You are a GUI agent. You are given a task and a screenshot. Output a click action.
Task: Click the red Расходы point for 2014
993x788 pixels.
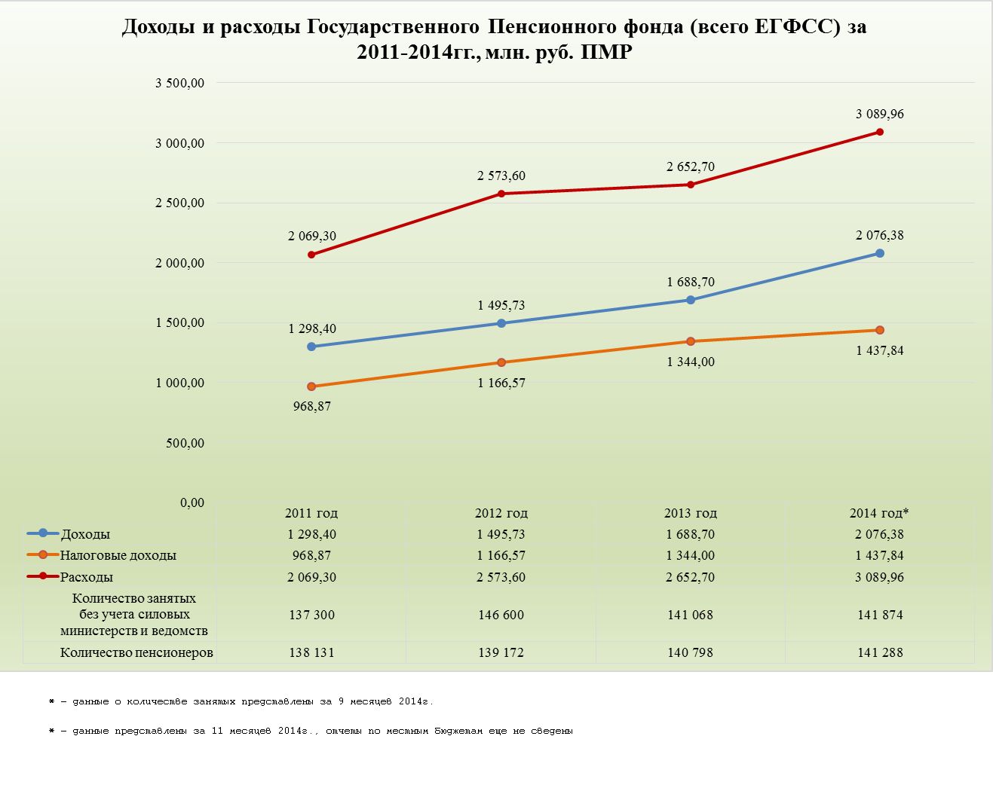coord(880,132)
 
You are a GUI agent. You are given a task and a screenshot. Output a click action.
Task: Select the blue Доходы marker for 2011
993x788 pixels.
coord(311,347)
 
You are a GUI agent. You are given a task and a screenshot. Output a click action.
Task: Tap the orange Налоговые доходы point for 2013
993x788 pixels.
coord(691,341)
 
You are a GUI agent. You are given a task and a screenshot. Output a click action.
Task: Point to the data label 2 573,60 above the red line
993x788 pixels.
coord(501,176)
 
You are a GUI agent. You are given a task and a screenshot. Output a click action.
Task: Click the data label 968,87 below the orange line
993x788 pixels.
coord(312,406)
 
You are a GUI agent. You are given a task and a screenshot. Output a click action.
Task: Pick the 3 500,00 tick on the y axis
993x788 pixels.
coord(180,83)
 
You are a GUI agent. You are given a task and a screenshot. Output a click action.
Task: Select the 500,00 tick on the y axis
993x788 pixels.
coord(185,443)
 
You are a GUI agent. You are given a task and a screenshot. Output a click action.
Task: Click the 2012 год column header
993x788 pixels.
coord(501,513)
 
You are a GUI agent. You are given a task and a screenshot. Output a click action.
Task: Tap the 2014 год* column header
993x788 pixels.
coord(879,513)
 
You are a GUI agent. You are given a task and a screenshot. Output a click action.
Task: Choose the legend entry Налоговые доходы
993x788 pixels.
coord(118,555)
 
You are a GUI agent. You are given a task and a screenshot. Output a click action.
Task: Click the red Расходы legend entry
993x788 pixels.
coord(87,577)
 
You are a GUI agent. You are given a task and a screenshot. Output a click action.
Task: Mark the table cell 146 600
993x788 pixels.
coord(501,615)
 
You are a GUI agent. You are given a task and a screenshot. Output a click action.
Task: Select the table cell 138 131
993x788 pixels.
coord(311,652)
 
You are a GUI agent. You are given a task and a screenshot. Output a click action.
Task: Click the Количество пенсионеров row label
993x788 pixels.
coord(136,652)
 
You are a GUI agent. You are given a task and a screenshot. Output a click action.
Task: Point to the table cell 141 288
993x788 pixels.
coord(880,652)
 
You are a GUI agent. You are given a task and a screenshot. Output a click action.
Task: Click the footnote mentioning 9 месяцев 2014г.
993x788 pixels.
coord(241,701)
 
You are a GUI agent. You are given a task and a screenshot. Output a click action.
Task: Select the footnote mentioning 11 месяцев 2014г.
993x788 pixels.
coord(311,731)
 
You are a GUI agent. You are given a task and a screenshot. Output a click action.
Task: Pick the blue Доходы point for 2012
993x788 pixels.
coord(501,323)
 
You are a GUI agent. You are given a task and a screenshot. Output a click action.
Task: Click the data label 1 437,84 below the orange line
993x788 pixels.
coord(880,350)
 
